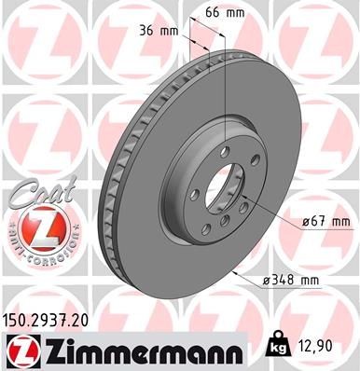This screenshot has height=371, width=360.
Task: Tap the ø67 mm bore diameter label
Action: coord(327,222)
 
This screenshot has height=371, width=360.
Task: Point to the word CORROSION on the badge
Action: coord(46,254)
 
